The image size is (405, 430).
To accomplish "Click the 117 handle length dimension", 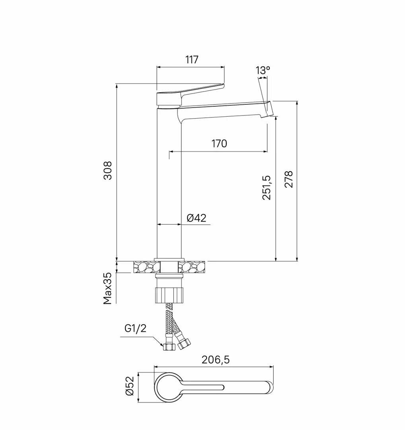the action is point(192,59).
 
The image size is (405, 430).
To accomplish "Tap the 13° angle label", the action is point(263,70).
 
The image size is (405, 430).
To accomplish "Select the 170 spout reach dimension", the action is point(219,143).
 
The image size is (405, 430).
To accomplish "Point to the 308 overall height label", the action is point(108,170).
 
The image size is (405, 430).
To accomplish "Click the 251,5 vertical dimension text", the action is point(267,188).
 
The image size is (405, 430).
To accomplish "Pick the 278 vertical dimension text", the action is point(288,179).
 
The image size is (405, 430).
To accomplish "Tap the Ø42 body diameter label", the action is point(197,218).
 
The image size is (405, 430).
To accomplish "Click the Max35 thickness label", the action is point(108,288).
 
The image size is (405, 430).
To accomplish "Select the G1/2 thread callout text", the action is point(136,328).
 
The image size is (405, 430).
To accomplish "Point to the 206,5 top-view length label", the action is point(216,360).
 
